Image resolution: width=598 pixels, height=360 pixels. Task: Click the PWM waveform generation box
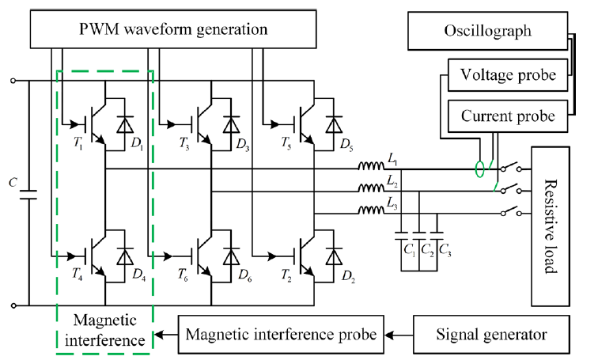coord(173,29)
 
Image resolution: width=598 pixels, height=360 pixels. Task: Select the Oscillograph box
coord(488,31)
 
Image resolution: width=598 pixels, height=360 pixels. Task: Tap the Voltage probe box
coord(508,74)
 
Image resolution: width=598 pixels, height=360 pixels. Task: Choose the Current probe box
coord(508,116)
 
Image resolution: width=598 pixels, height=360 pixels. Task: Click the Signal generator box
coord(491,335)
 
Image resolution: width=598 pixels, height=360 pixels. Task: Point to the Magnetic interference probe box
coord(281,335)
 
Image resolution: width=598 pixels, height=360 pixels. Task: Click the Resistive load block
coord(551,226)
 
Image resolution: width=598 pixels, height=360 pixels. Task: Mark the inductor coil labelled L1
coord(371,166)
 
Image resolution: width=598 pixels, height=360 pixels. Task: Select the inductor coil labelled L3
coord(371,210)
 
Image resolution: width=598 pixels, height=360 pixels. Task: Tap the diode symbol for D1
coord(125,124)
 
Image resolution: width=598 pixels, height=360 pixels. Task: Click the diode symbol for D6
coord(231,256)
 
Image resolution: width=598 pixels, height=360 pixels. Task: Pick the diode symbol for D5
coord(334,124)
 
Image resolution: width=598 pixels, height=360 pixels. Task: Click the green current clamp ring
coord(479,169)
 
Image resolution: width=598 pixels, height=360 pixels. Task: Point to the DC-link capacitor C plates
coord(29,195)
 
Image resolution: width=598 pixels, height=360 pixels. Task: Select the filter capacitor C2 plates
coord(419,235)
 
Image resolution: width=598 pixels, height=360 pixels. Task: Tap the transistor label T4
coord(78,274)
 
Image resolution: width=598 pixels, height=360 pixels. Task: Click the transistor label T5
coord(286,143)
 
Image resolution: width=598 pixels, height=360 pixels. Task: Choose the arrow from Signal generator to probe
coord(399,335)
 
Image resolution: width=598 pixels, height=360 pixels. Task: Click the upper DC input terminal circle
coord(13,81)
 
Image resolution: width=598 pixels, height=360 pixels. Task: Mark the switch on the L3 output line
coord(511,211)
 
